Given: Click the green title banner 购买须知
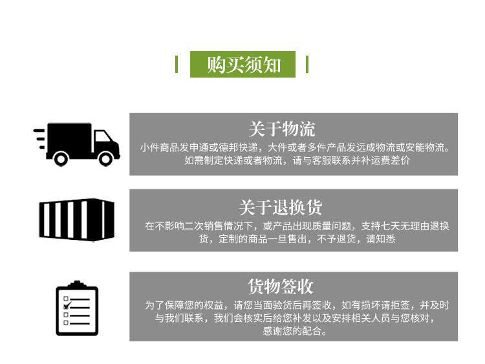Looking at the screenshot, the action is (242, 65).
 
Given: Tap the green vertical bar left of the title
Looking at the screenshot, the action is (177, 65).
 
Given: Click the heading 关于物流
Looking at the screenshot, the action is (281, 128).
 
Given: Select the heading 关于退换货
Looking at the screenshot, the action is (280, 208).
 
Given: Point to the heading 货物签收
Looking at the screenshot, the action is (281, 286).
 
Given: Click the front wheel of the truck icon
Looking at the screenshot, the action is (105, 157).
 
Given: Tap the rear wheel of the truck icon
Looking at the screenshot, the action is (61, 157).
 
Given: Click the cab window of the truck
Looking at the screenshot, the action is (103, 138).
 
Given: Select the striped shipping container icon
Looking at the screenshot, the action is (76, 219).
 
